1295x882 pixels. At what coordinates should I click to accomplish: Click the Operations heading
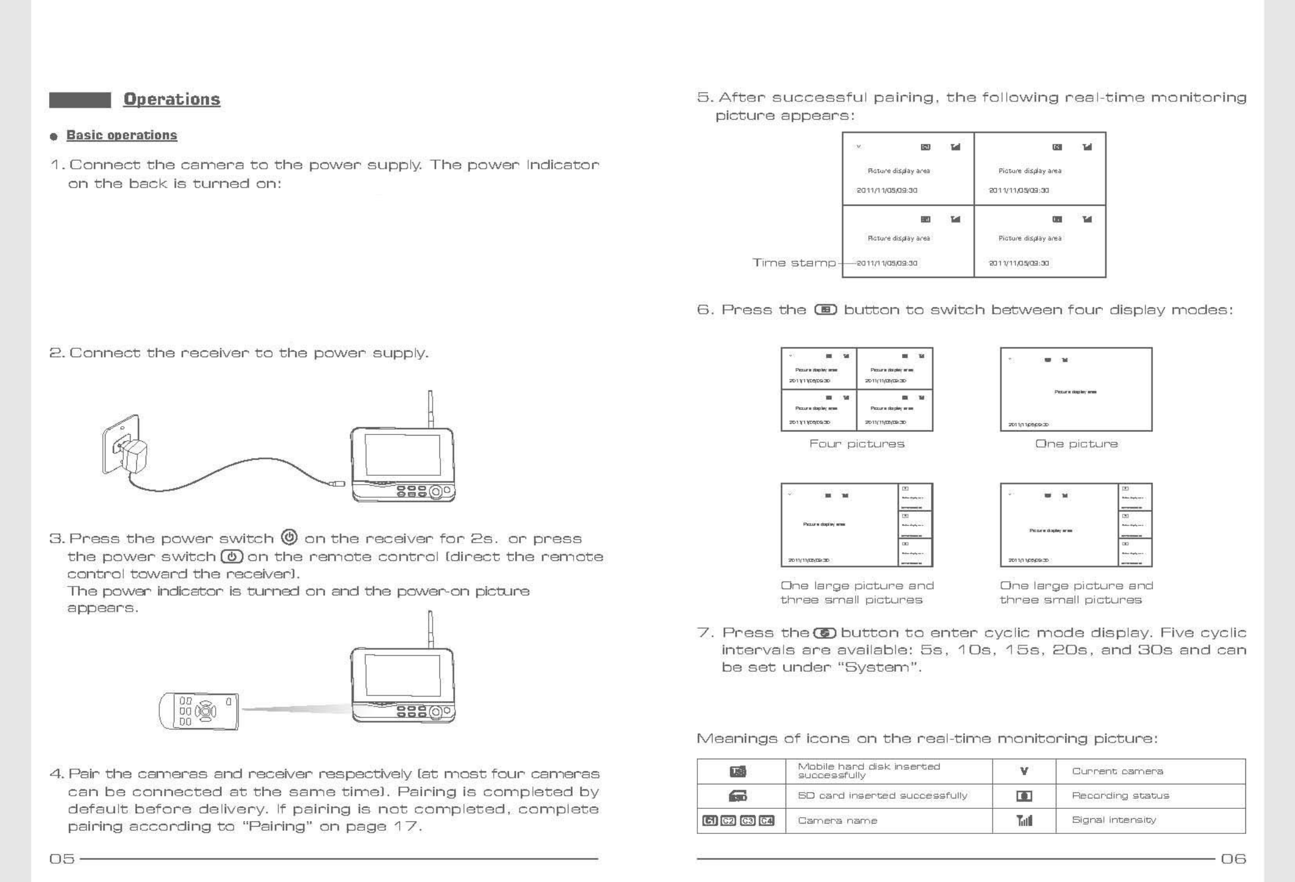pyautogui.click(x=172, y=99)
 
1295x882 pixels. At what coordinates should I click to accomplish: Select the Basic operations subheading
pyautogui.click(x=122, y=135)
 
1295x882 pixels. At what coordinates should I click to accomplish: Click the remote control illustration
pyautogui.click(x=199, y=711)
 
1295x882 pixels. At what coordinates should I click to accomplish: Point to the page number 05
pyautogui.click(x=62, y=859)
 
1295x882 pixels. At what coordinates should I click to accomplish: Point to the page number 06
pyautogui.click(x=1233, y=859)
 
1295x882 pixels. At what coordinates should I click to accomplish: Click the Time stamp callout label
pyautogui.click(x=794, y=263)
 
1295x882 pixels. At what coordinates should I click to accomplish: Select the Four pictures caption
pyautogui.click(x=857, y=444)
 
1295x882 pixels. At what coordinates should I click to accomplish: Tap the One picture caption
pyautogui.click(x=1076, y=444)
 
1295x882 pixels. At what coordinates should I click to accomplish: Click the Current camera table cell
pyautogui.click(x=1117, y=772)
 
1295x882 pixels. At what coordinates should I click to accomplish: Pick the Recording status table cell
pyautogui.click(x=1120, y=796)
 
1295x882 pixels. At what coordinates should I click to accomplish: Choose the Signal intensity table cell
pyautogui.click(x=1114, y=820)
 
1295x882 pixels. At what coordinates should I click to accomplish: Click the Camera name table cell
pyautogui.click(x=838, y=821)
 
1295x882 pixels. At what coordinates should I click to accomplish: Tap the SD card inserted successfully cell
pyautogui.click(x=883, y=796)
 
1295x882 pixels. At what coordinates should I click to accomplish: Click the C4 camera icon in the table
pyautogui.click(x=767, y=821)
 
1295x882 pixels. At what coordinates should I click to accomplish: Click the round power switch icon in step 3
pyautogui.click(x=289, y=537)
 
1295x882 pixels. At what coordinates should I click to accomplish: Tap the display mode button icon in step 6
pyautogui.click(x=825, y=310)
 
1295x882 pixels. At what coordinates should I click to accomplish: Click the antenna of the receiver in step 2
pyautogui.click(x=430, y=408)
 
